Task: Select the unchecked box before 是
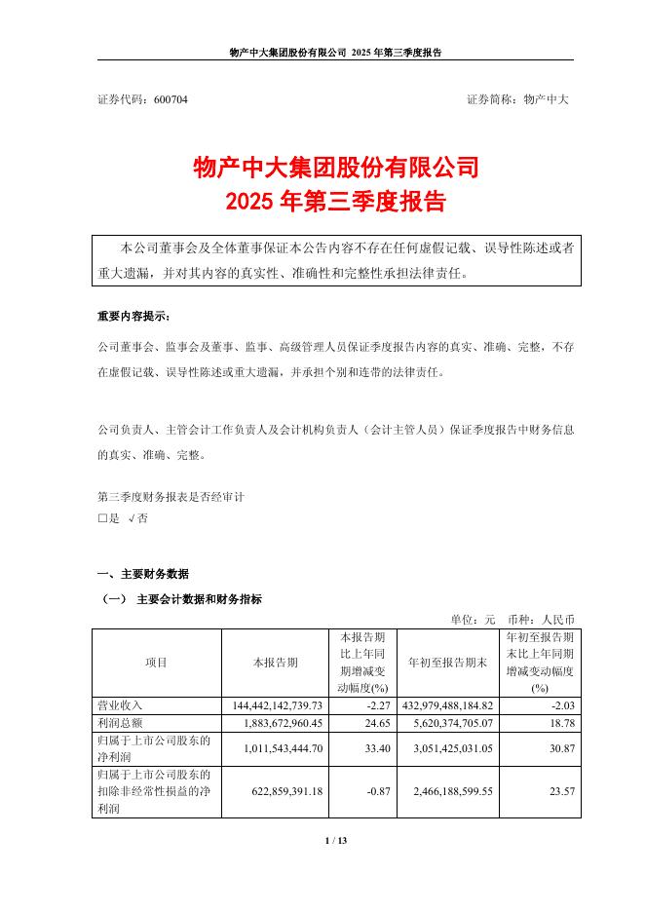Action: pos(102,519)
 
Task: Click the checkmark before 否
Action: pos(132,519)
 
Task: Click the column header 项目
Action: pos(156,663)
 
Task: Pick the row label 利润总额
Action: pos(120,724)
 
